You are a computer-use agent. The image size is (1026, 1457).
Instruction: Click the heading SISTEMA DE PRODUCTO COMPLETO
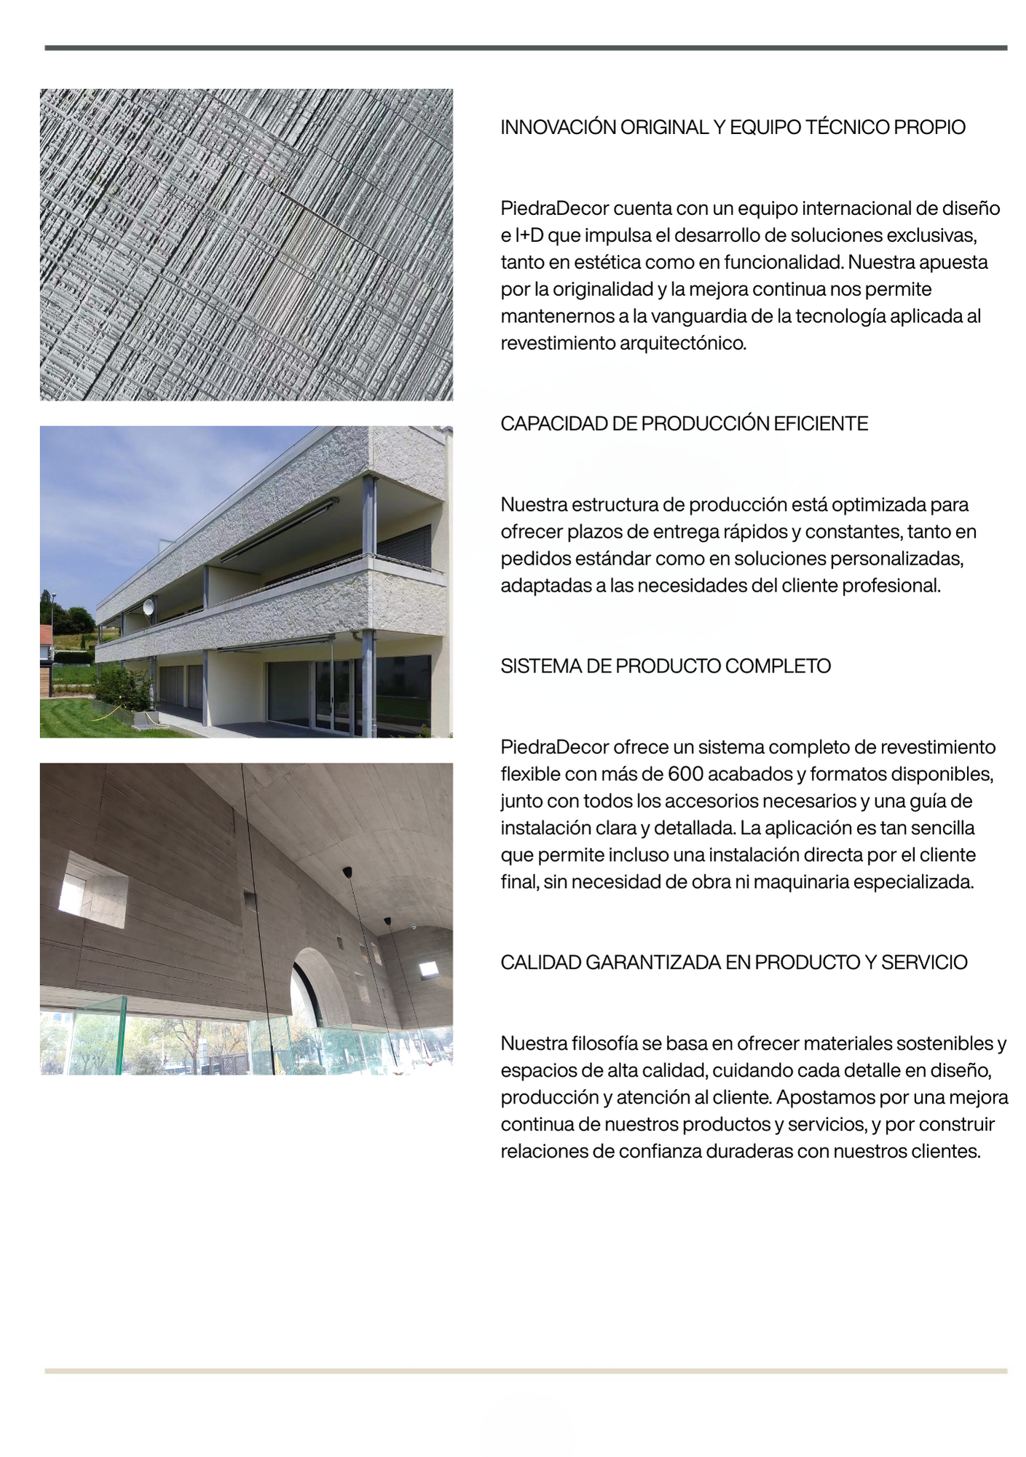(665, 667)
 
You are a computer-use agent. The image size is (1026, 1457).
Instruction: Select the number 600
(685, 774)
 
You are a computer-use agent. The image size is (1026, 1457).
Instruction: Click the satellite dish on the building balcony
(149, 606)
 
